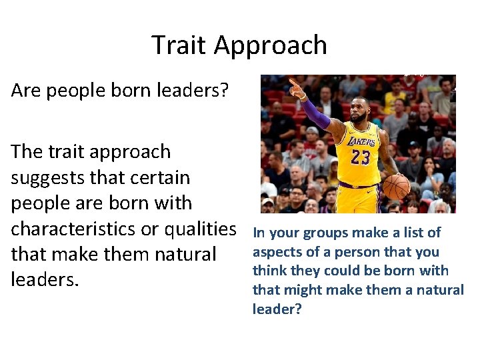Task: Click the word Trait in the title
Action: coord(179,45)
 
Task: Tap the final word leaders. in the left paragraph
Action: coord(45,279)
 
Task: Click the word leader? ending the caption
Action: coord(277,309)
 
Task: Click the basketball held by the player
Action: coord(397,187)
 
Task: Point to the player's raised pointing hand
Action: coord(296,87)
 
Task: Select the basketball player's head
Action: coord(360,109)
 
